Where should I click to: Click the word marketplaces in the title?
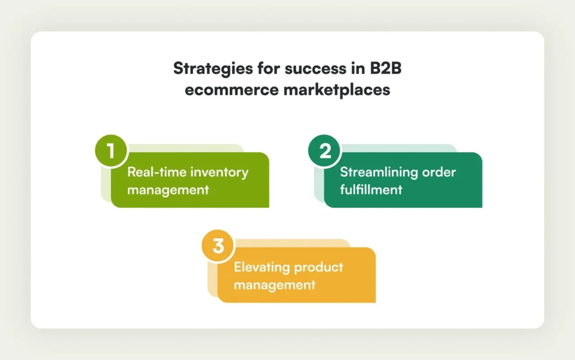tap(337, 89)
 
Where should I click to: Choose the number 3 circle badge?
tap(218, 247)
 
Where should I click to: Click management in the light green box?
tap(168, 189)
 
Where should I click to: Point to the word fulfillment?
tap(371, 189)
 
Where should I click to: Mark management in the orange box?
tap(274, 285)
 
